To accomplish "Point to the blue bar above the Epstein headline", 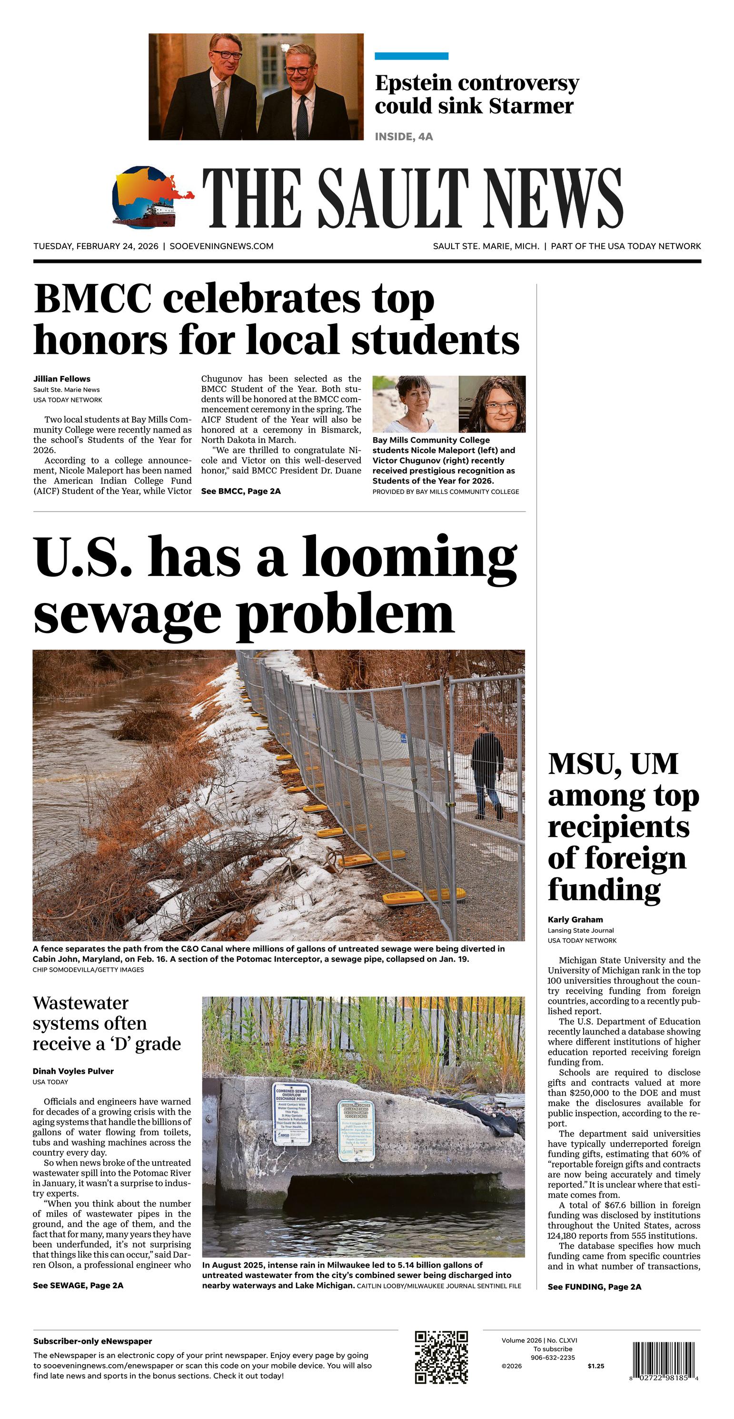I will pyautogui.click(x=411, y=56).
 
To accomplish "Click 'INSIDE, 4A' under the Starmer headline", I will pyautogui.click(x=404, y=137).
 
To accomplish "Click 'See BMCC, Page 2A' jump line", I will pyautogui.click(x=241, y=492).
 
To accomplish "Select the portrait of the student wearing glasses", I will pyautogui.click(x=492, y=404).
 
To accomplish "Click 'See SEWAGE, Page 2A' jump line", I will pyautogui.click(x=78, y=1286).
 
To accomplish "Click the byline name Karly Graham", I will pyautogui.click(x=575, y=919).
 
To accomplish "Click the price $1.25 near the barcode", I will pyautogui.click(x=596, y=1366).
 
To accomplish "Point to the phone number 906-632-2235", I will pyautogui.click(x=552, y=1358).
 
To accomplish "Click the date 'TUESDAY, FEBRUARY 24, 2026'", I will pyautogui.click(x=96, y=246).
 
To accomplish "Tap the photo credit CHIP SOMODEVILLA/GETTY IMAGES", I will pyautogui.click(x=88, y=969).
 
